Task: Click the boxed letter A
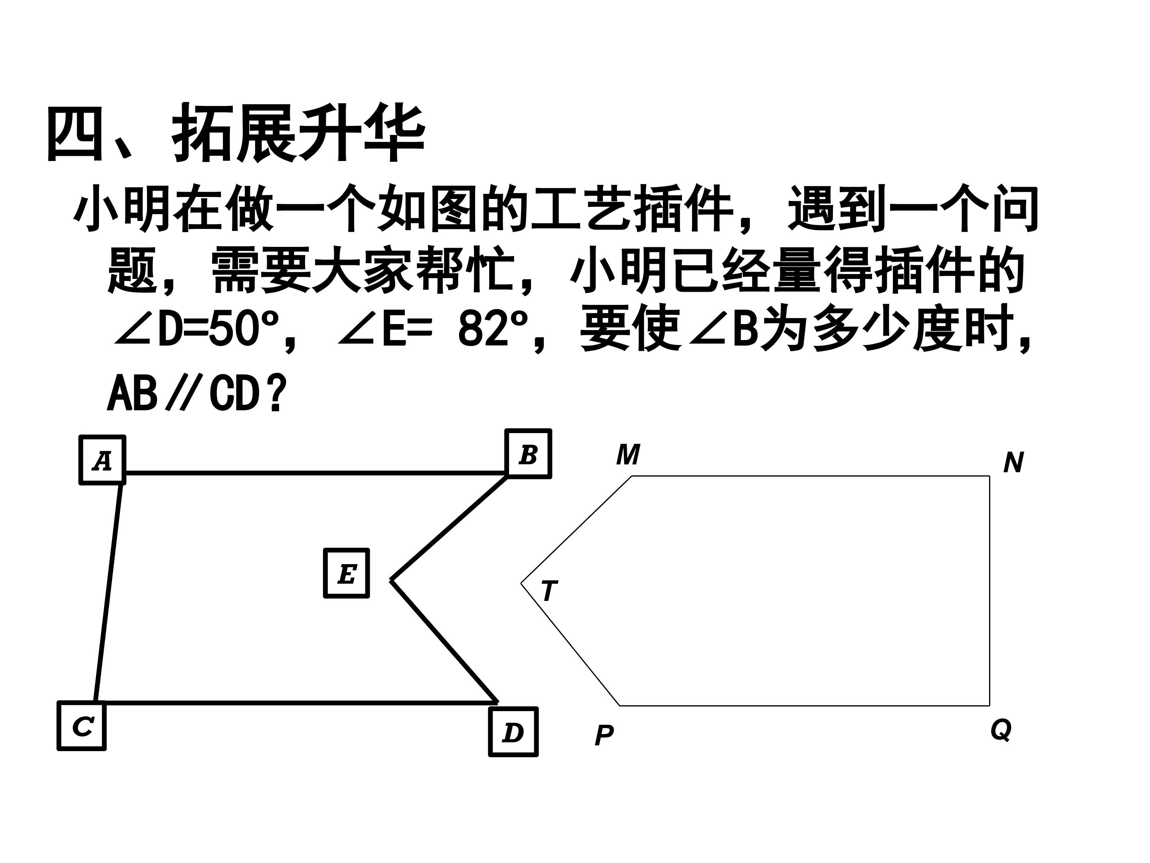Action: [x=102, y=460]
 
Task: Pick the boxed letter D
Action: [x=513, y=732]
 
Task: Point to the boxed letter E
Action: [x=346, y=573]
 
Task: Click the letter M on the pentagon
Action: [x=628, y=455]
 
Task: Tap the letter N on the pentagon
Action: [x=1013, y=462]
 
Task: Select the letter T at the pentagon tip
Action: [x=549, y=591]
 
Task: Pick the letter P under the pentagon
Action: [x=604, y=736]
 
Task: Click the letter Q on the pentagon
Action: [x=1001, y=729]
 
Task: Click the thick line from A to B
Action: [x=315, y=473]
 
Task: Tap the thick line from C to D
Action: [x=296, y=703]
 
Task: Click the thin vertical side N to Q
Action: [x=989, y=591]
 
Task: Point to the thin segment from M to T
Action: [x=577, y=529]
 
